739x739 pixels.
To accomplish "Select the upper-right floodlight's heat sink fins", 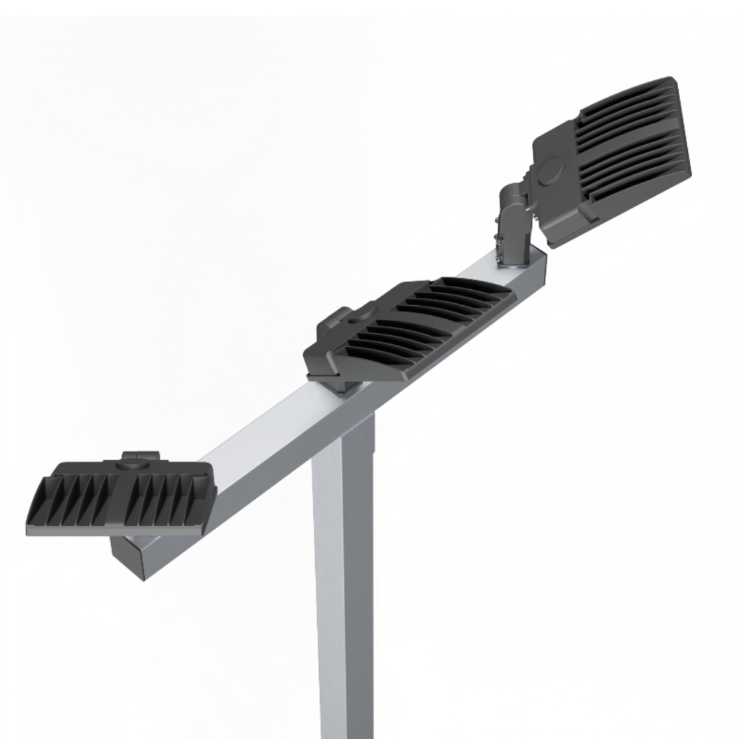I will pos(631,145).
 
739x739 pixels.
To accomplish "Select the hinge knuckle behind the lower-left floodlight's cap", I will pos(141,454).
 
